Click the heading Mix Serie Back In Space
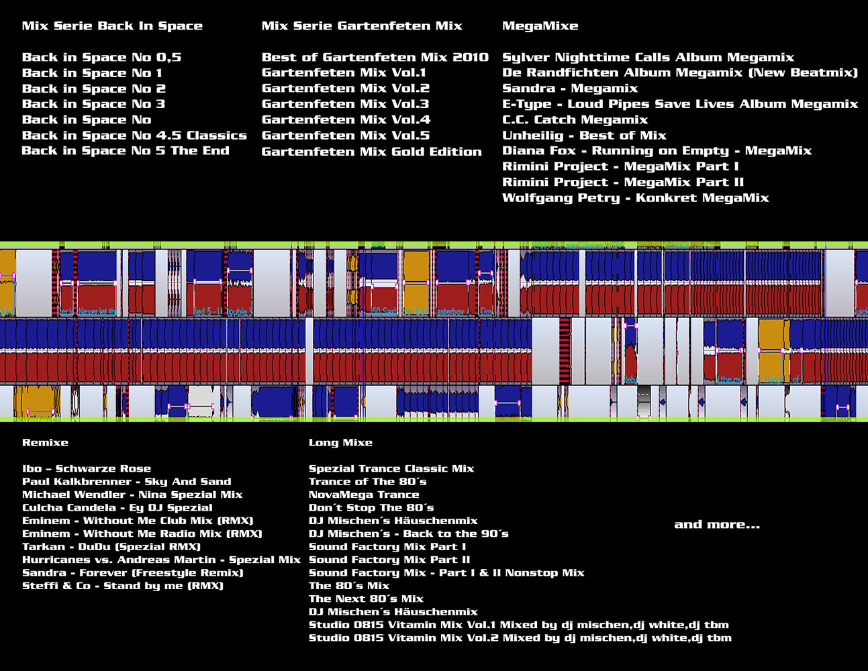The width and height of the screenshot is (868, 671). coord(112,26)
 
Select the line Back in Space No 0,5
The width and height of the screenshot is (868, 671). coord(101,58)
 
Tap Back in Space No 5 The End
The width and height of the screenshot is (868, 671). coord(126,151)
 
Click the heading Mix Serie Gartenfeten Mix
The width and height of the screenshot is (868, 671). coord(362,26)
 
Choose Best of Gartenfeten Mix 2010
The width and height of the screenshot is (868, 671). coord(375,58)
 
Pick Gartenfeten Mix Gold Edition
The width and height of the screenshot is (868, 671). coord(372,152)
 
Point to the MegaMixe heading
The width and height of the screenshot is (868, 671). coord(540,26)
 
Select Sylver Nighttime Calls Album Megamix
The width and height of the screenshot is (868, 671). coord(648,58)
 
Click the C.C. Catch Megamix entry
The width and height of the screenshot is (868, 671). coord(575,120)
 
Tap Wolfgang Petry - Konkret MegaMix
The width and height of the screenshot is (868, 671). coord(636,198)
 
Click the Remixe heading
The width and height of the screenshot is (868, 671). coord(45,443)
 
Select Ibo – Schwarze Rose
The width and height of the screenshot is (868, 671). coord(87,469)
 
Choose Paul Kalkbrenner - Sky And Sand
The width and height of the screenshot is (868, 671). coord(127,482)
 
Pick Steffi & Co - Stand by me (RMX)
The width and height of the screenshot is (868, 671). coord(123,586)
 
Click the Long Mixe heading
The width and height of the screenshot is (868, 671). coord(340,443)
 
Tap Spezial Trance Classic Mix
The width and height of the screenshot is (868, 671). coord(391,469)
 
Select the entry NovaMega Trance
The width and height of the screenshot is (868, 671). coord(364,495)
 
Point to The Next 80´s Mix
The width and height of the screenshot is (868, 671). coord(366,599)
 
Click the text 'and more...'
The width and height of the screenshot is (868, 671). coord(717,525)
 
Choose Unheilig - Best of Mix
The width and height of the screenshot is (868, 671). coord(584,136)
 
